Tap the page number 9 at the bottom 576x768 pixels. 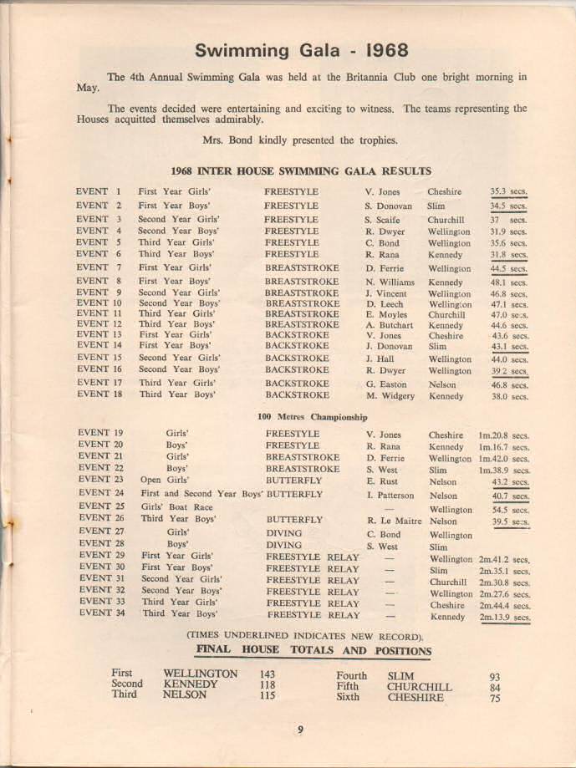[x=300, y=730]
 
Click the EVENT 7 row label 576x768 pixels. [x=99, y=267]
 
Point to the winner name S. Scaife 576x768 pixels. [x=384, y=220]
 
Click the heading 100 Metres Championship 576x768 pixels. [x=312, y=416]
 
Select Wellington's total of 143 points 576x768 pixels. [x=268, y=674]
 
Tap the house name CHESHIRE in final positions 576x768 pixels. [x=415, y=698]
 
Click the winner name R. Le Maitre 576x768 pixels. [x=394, y=521]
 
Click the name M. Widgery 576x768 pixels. [x=390, y=396]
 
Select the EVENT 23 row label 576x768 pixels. [x=100, y=481]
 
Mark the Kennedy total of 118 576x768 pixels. [x=268, y=684]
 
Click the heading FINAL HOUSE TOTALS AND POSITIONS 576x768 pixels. [x=313, y=651]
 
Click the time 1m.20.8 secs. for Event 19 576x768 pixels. [x=503, y=435]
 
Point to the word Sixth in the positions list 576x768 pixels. [x=348, y=696]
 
